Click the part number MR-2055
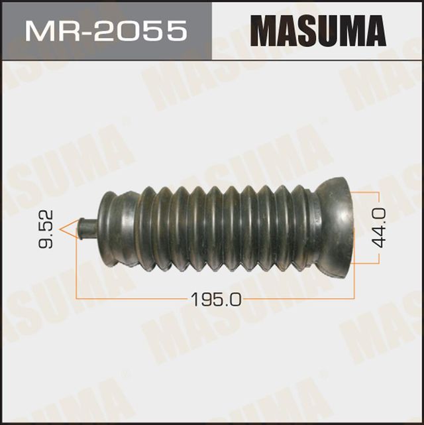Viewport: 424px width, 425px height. [x=104, y=30]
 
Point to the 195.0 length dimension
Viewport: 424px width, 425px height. [x=215, y=300]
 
